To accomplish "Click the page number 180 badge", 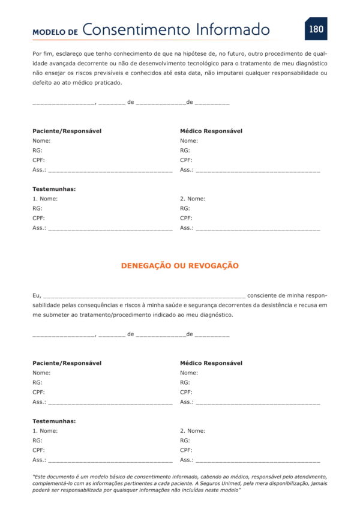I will pos(316,29).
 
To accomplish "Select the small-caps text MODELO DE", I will pos(55,32).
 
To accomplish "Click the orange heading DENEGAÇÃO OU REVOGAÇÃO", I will pos(180,265).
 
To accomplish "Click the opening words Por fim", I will pos(43,53).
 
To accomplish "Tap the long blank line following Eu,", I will pos(144,296).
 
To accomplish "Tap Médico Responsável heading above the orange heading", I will pos(211,131).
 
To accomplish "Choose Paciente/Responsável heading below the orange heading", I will pos(67,363).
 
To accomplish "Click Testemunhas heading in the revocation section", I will pos(54,421).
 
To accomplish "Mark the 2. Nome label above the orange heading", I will pos(193,199).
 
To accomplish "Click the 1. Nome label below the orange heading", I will pos(45,431).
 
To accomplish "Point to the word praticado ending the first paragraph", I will pos(108,82).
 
